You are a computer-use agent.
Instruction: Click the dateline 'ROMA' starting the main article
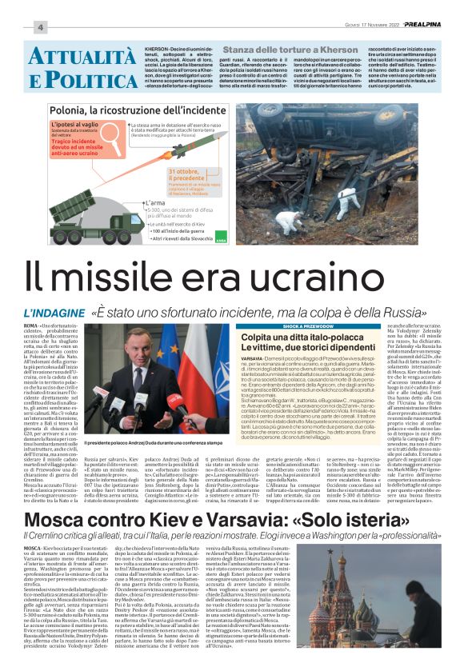coord(33,327)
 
